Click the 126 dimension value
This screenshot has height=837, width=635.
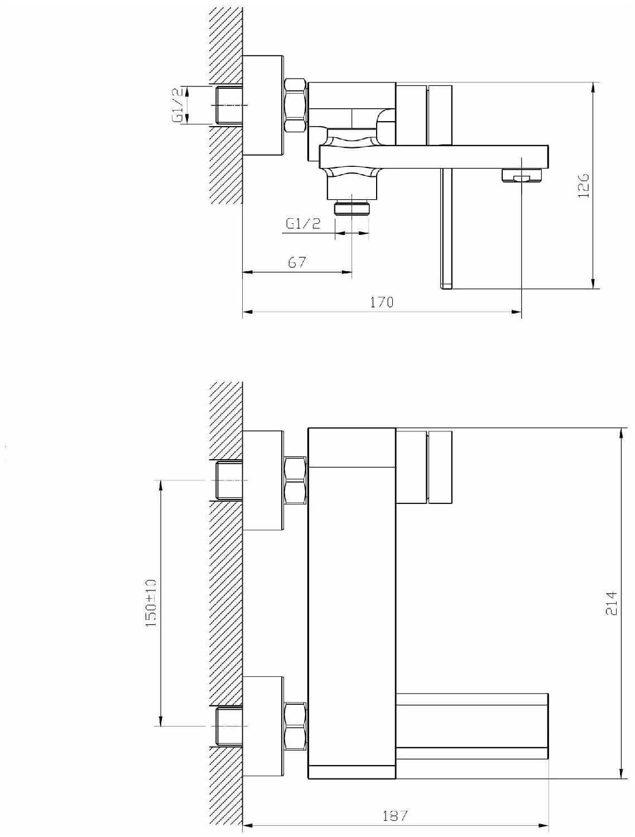point(584,185)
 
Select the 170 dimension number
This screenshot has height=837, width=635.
point(382,302)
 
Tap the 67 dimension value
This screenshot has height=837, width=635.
point(297,262)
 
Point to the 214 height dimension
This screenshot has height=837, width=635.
point(611,603)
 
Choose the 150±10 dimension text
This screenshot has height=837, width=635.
point(151,603)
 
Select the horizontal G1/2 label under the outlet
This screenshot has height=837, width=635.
point(304,224)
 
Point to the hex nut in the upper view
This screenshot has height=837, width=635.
point(296,105)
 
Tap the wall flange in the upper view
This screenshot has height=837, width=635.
point(263,105)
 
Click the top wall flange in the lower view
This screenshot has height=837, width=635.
point(263,480)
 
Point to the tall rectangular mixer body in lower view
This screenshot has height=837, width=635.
point(352,603)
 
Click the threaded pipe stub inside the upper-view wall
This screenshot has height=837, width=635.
point(229,105)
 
